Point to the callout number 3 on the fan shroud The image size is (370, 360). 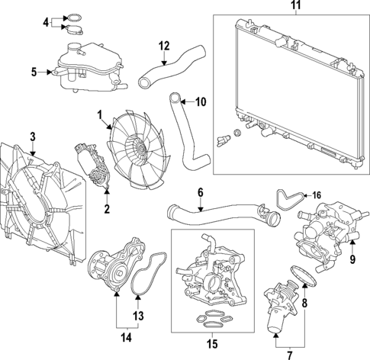(x=32, y=137)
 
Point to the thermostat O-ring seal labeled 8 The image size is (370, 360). (x=297, y=274)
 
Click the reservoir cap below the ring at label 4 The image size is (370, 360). (x=76, y=31)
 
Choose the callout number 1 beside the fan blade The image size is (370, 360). (x=99, y=114)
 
